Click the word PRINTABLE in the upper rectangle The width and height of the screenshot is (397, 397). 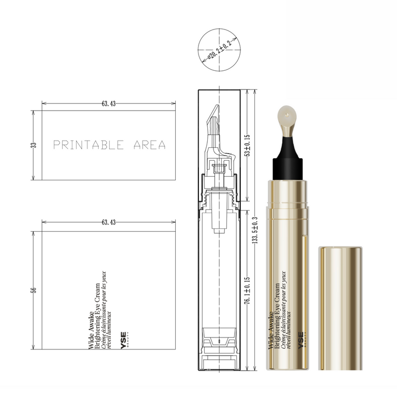coord(88,145)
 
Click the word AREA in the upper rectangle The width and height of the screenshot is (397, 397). coord(149,145)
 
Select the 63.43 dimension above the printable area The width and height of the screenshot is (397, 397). coord(109,103)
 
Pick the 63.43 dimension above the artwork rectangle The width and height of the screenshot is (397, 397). coord(109,222)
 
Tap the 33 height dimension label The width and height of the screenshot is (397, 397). coord(34,145)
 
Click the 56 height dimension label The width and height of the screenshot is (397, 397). coord(34,290)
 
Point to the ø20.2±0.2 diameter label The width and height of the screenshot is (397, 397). coord(219,50)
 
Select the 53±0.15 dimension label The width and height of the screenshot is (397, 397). coord(248,145)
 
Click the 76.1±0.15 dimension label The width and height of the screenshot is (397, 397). coord(248,290)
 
